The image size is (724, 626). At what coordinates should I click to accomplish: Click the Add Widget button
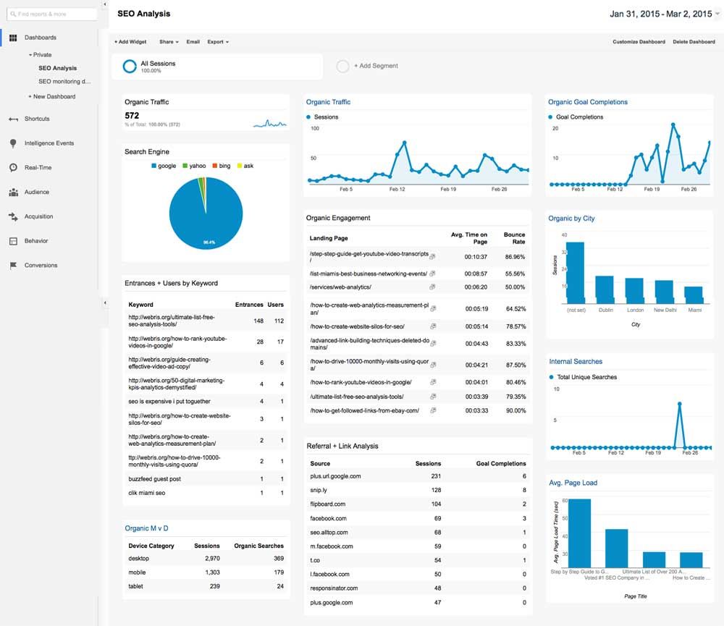pos(130,42)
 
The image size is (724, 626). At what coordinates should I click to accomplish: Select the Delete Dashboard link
pos(694,42)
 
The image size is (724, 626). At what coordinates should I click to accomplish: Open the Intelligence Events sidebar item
pos(49,143)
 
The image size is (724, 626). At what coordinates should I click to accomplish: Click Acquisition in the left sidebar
pos(39,216)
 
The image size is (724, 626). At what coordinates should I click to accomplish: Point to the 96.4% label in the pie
pos(209,242)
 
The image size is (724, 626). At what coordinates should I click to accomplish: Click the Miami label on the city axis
pos(694,310)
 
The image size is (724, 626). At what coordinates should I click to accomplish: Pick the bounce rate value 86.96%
pos(515,257)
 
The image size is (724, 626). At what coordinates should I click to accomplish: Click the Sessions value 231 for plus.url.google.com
pos(436,476)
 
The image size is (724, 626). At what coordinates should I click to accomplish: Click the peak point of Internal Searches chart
pos(680,404)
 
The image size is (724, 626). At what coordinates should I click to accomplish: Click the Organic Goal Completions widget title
pos(588,102)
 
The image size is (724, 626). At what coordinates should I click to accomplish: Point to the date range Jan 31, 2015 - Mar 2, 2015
pos(660,14)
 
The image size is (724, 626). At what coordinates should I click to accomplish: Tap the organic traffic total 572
pos(132,116)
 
